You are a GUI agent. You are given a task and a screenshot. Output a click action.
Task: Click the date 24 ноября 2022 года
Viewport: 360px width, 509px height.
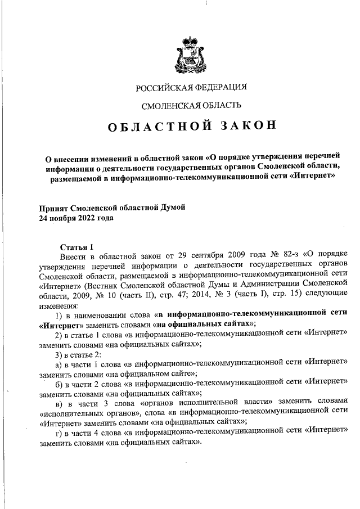[x=75, y=218]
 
